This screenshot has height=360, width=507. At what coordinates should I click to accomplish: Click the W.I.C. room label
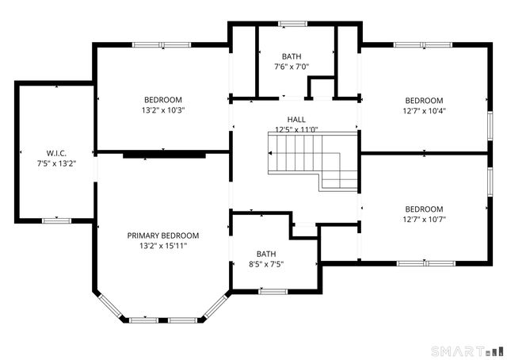pos(56,153)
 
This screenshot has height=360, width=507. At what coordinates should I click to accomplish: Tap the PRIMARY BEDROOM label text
pos(163,236)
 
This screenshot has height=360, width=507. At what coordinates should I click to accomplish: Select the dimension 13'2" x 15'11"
pos(163,246)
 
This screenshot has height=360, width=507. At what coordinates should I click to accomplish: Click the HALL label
pos(296,120)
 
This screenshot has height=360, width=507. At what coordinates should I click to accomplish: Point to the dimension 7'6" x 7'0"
pos(292,67)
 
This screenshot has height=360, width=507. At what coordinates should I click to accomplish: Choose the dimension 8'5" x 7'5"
pos(266,264)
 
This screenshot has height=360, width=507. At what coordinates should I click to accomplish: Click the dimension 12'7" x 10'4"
pos(425,111)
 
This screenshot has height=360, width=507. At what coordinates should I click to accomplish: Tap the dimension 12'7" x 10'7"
pos(425,219)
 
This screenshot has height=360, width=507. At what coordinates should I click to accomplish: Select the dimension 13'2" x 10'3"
pos(163,110)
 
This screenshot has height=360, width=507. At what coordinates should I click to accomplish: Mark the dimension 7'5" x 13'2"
pos(56,163)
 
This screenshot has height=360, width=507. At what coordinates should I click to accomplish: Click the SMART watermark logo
pos(467,351)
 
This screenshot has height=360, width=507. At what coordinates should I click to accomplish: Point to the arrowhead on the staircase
pos(270,153)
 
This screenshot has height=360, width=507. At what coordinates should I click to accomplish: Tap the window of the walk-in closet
pos(56,220)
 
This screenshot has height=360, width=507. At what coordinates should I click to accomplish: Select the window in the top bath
pos(292,24)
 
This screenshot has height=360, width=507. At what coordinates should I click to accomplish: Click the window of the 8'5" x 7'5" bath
pos(273,292)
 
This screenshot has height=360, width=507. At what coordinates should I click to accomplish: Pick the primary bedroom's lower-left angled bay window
pos(110,305)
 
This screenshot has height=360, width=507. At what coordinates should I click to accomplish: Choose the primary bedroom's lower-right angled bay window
pos(216,306)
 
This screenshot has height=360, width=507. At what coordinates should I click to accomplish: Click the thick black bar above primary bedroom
pos(164,155)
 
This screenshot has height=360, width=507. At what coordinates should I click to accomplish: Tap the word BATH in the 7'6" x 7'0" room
pos(292,56)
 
